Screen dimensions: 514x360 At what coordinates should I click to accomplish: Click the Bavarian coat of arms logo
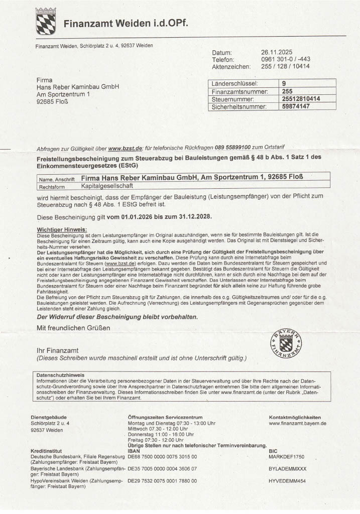(46, 21)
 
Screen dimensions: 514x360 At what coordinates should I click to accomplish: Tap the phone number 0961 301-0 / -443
(285, 59)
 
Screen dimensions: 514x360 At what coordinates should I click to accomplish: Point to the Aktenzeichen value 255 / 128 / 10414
(285, 66)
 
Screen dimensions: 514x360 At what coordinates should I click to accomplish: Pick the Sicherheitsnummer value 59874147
(296, 106)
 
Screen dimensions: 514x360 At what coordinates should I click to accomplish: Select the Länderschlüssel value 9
(284, 84)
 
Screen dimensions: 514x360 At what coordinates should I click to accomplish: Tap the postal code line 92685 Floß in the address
(53, 101)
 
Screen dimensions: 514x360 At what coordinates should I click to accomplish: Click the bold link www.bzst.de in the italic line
(122, 148)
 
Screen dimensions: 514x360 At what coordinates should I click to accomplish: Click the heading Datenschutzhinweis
(60, 375)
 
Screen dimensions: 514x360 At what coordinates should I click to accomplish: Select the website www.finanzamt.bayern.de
(298, 423)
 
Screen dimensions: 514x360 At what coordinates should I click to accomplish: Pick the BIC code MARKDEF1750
(287, 457)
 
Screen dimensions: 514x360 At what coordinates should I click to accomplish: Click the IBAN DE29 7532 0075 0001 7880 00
(162, 481)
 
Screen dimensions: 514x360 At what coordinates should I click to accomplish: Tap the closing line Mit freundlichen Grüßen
(73, 328)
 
